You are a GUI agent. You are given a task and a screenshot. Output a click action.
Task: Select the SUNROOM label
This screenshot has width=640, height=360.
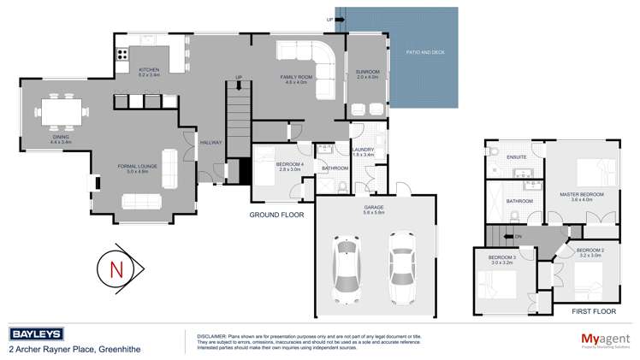coord(367,73)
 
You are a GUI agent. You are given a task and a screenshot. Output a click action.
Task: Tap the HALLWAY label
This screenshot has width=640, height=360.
coord(211,143)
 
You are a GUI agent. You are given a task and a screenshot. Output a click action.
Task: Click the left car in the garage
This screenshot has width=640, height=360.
coord(347,267)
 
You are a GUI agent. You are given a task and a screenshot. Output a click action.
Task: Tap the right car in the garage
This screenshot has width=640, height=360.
coord(401,267)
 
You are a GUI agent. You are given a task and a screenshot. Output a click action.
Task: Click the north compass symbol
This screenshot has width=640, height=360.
coord(116,269)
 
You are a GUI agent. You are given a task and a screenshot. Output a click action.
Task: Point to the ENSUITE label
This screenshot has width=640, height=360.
coord(516,157)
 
